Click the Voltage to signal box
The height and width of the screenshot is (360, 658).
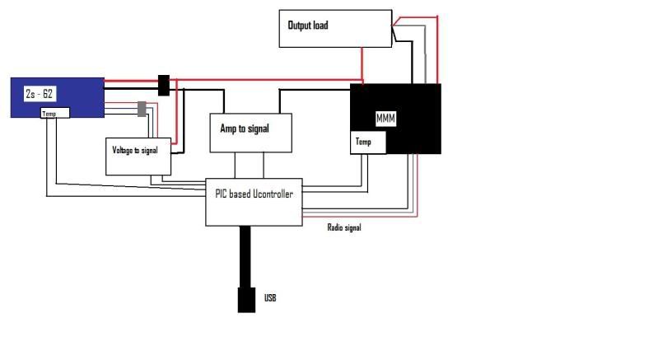click(x=138, y=154)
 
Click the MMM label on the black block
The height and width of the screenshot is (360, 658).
click(x=385, y=119)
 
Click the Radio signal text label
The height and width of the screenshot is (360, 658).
click(x=344, y=228)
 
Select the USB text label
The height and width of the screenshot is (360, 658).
click(x=270, y=297)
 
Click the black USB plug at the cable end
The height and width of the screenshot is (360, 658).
click(x=246, y=299)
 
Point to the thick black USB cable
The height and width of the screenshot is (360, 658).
click(x=246, y=255)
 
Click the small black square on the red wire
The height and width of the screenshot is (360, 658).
click(x=164, y=85)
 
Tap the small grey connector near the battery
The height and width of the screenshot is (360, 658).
click(x=142, y=109)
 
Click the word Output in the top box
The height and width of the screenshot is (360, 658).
click(x=299, y=26)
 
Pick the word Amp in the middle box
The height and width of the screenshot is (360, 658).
click(x=227, y=129)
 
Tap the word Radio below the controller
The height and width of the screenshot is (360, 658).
click(x=334, y=228)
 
